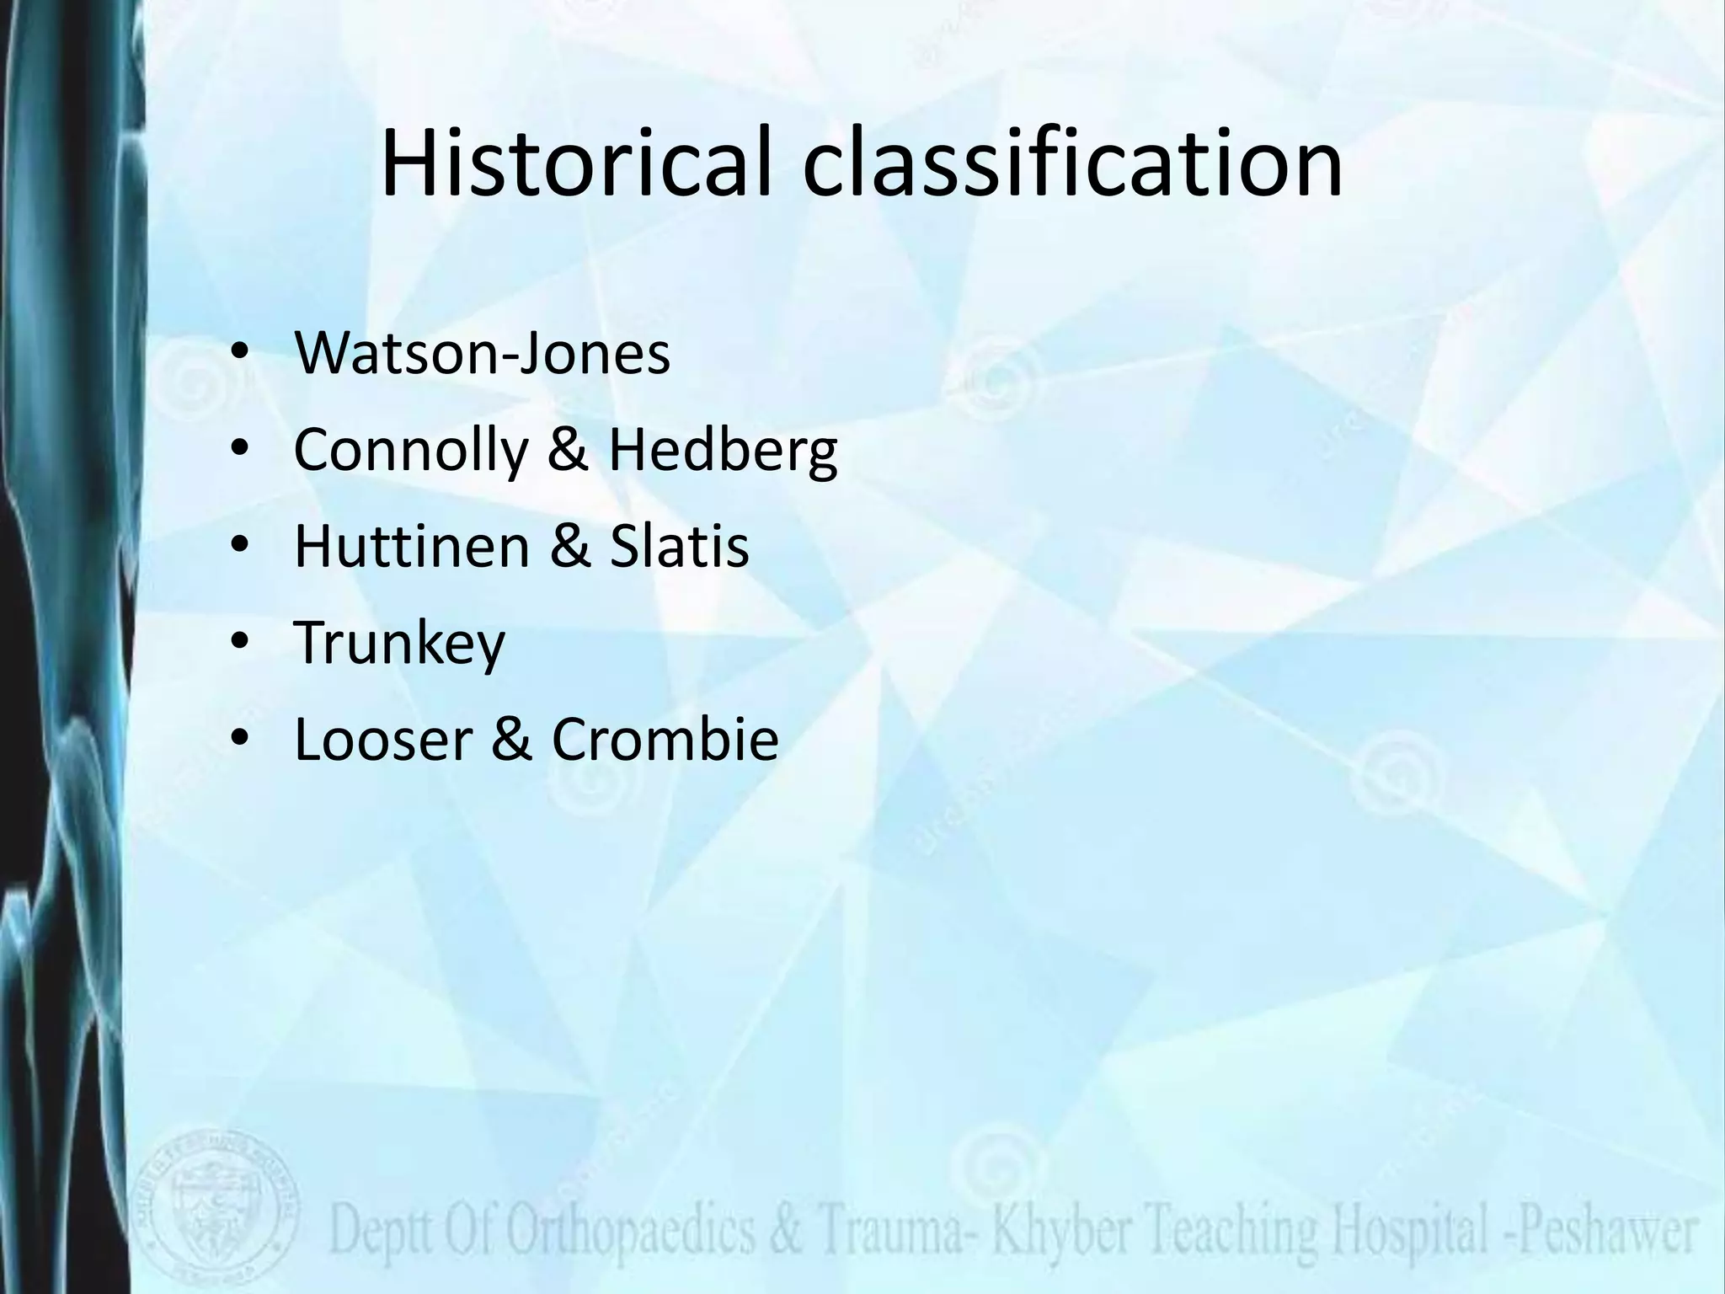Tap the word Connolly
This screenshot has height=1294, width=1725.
point(409,451)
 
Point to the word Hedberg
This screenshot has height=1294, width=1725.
point(723,451)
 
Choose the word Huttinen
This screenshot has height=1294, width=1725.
point(411,546)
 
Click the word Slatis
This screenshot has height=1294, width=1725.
point(679,546)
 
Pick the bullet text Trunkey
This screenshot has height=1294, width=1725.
point(399,643)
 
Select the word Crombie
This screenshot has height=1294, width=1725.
point(665,739)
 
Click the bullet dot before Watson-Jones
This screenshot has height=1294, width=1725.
point(240,355)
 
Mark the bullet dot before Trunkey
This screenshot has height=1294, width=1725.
point(240,643)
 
